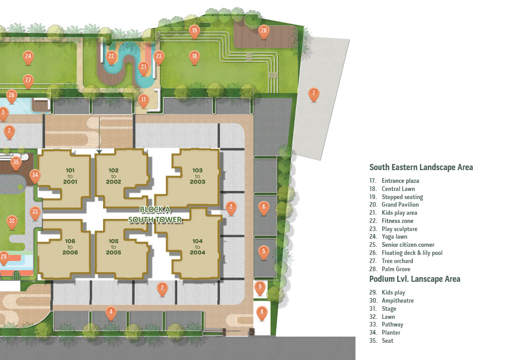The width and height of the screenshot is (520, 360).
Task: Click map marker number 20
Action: [x=264, y=31]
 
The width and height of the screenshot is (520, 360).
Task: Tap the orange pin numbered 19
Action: [x=194, y=31]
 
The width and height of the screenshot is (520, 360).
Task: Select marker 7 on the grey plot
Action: [x=313, y=94]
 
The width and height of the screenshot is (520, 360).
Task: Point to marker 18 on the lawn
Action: [x=194, y=57]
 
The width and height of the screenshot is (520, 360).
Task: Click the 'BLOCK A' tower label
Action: [x=155, y=210]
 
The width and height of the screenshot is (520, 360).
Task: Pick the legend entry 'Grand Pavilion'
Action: [x=400, y=205]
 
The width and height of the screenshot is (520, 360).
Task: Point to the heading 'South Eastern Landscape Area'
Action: [x=421, y=168]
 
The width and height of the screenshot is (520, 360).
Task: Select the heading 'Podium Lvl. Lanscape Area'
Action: [x=415, y=279]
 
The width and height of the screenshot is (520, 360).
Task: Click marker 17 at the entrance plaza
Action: [x=143, y=101]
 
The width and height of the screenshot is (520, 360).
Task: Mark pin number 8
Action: [x=262, y=313]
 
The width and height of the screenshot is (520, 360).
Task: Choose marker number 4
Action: [x=111, y=313]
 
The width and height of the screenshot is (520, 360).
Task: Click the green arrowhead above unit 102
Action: [x=99, y=151]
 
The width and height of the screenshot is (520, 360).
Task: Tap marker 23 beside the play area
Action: [x=159, y=57]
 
